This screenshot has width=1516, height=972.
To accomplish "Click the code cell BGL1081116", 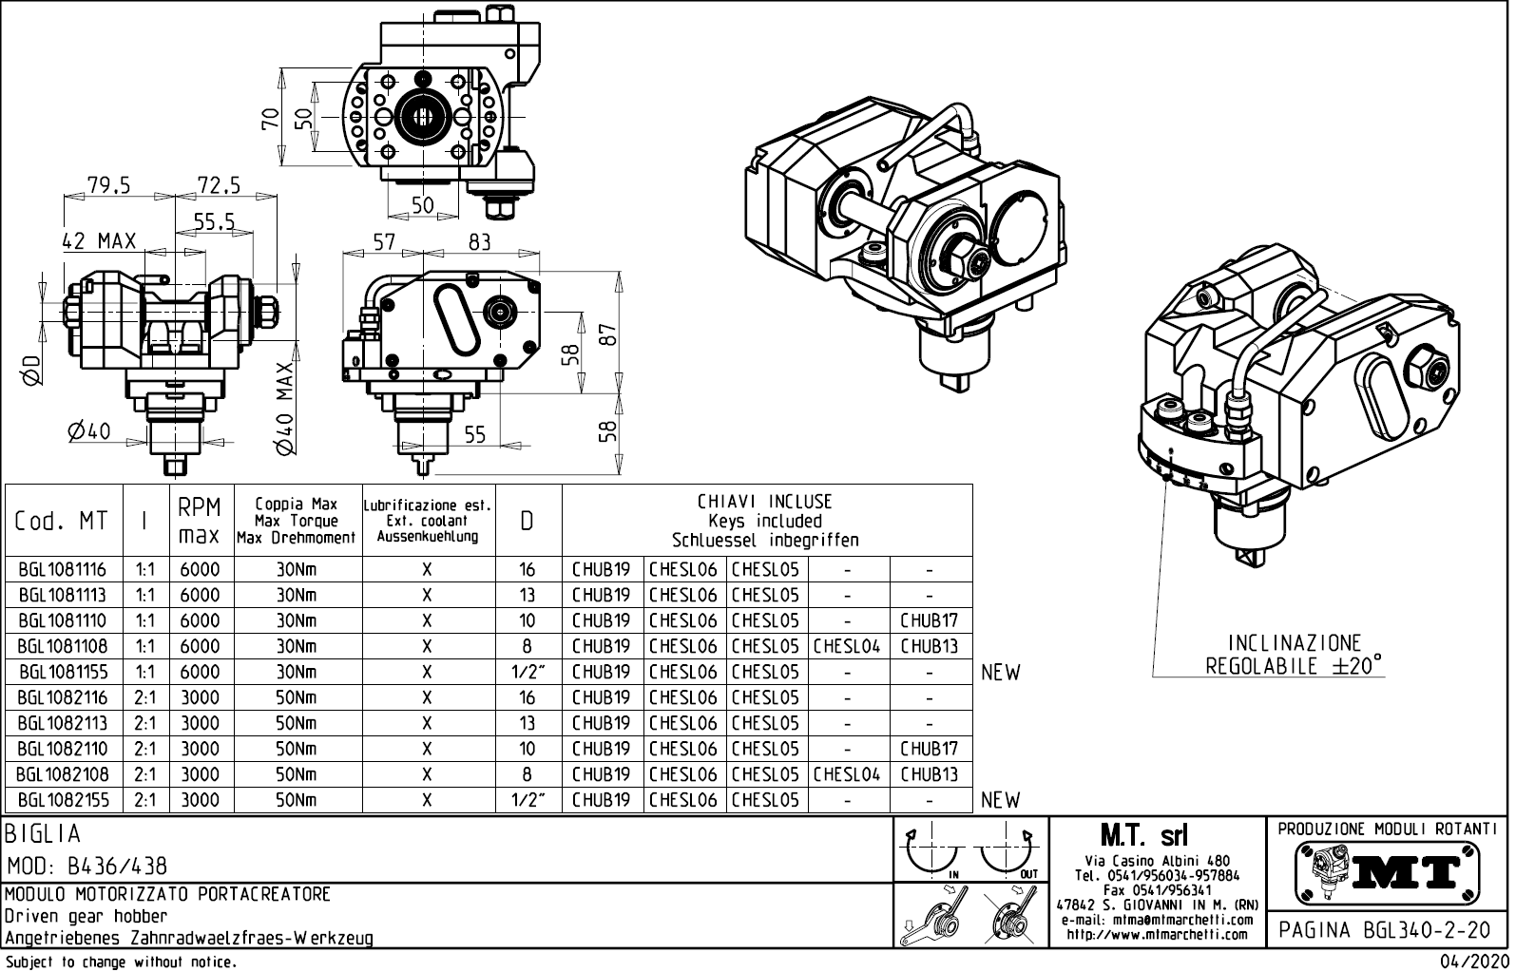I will pyautogui.click(x=62, y=570).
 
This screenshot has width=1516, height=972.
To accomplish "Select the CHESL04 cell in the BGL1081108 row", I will pyautogui.click(x=847, y=647).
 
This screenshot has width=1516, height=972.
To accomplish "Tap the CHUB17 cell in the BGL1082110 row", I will pyautogui.click(x=929, y=750).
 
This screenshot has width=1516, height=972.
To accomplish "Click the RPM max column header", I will pyautogui.click(x=200, y=521).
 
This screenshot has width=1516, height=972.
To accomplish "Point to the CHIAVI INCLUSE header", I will pyautogui.click(x=765, y=502).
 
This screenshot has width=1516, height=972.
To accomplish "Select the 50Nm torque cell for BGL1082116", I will pyautogui.click(x=296, y=698).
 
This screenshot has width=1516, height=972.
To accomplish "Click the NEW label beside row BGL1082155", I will pyautogui.click(x=1000, y=801).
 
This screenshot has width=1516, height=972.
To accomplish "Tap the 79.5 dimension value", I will pyautogui.click(x=108, y=184).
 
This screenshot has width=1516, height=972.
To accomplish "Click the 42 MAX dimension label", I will pyautogui.click(x=99, y=241).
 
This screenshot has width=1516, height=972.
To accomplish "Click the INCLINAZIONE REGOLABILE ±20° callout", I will pyautogui.click(x=1294, y=655).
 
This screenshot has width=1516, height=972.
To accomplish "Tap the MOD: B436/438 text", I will pyautogui.click(x=86, y=867).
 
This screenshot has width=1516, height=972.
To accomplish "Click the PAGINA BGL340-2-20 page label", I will pyautogui.click(x=1385, y=930).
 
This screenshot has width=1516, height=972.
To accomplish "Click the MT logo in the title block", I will pyautogui.click(x=1387, y=872).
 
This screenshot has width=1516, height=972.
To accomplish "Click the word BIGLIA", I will pyautogui.click(x=44, y=834).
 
